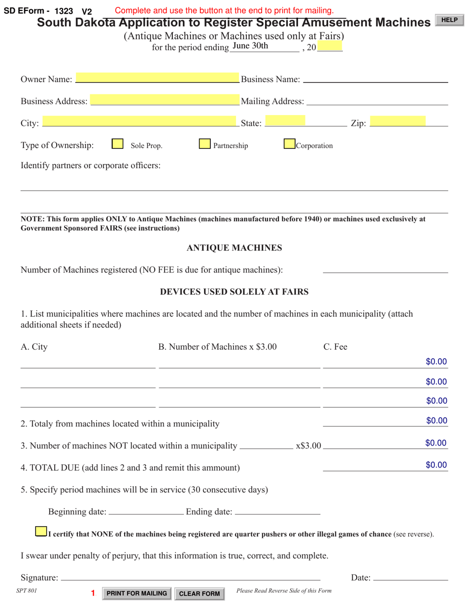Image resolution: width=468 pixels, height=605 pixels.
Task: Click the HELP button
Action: [x=449, y=20]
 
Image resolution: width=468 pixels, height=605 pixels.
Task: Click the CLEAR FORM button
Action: [x=200, y=594]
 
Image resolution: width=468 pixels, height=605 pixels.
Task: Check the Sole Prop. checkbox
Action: [x=117, y=144]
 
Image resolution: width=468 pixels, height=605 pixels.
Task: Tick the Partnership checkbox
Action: [x=205, y=144]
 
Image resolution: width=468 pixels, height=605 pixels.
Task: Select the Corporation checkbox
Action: [x=290, y=144]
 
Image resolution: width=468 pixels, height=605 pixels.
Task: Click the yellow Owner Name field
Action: [x=157, y=78]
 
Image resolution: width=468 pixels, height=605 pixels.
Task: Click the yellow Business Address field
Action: [x=165, y=100]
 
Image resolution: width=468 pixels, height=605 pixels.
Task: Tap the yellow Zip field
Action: [x=398, y=122]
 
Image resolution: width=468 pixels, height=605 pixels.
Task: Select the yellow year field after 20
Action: [x=330, y=46]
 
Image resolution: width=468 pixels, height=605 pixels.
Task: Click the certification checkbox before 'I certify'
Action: [x=41, y=532]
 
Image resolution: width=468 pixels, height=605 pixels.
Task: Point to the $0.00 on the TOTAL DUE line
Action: [x=436, y=465]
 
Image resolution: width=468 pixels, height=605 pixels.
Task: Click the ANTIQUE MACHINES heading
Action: [x=234, y=248]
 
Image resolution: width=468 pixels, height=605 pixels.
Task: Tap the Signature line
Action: [x=190, y=577]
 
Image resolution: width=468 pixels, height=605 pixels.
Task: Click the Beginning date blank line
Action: [x=145, y=512]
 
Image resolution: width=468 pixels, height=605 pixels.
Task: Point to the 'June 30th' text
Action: [x=250, y=46]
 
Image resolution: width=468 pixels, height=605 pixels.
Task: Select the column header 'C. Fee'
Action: [x=335, y=347]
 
